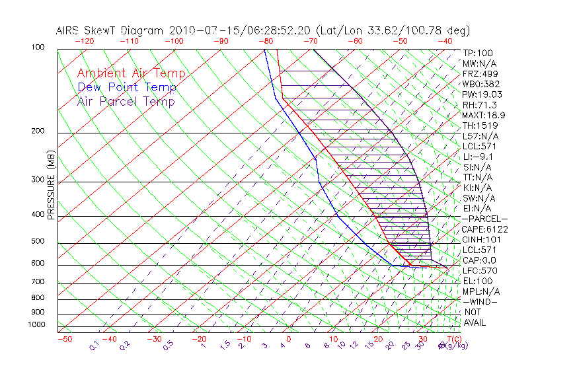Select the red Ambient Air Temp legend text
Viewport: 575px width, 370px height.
(x=132, y=73)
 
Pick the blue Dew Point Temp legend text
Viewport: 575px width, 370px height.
(x=127, y=87)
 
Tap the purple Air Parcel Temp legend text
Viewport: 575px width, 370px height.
(x=126, y=101)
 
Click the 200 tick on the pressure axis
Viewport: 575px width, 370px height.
(x=38, y=131)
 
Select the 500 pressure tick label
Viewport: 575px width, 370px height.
(x=38, y=241)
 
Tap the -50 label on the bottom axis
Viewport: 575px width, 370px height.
(x=64, y=339)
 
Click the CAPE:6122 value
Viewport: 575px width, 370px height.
(x=485, y=229)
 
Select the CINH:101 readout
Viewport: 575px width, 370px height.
(x=481, y=240)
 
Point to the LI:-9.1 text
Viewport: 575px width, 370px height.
(x=478, y=157)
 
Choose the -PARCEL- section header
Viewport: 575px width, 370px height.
(x=484, y=219)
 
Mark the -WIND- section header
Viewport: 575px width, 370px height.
(x=480, y=301)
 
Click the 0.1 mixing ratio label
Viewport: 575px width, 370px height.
(x=94, y=345)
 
